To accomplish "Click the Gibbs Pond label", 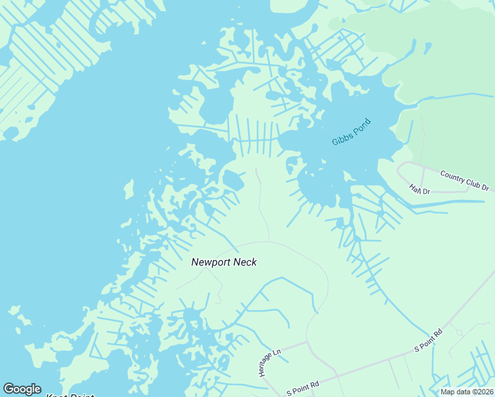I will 351,132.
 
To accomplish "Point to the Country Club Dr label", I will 465,180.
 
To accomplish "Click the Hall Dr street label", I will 420,189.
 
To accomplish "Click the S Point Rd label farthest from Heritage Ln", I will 427,340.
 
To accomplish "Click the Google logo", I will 22,389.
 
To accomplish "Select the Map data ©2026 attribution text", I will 467,391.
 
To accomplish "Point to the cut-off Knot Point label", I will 69,395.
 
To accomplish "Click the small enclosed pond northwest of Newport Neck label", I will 232,179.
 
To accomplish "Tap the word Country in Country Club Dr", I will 452,176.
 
